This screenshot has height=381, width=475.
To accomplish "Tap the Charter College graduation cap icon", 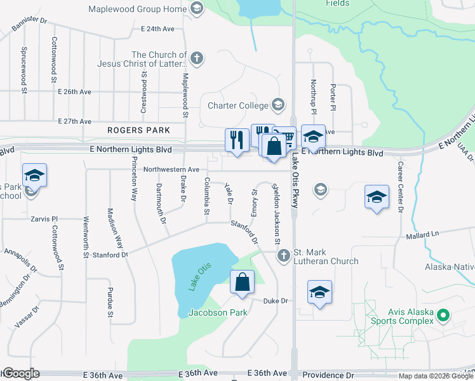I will click(278, 104).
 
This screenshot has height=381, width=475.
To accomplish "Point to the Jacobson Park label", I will click(218, 312).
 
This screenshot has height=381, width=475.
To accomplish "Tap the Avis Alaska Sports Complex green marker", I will click(444, 315).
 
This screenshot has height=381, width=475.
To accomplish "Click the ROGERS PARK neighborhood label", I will click(138, 130).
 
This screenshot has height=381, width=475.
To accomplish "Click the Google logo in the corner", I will click(21, 374).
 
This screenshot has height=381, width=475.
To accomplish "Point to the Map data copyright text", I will click(436, 376).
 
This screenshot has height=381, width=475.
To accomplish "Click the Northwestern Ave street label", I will click(171, 170).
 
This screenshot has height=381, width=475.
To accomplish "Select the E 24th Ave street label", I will click(158, 29).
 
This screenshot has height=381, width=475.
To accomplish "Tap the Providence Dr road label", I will click(328, 375).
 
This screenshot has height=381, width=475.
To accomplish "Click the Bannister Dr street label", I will click(30, 24).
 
